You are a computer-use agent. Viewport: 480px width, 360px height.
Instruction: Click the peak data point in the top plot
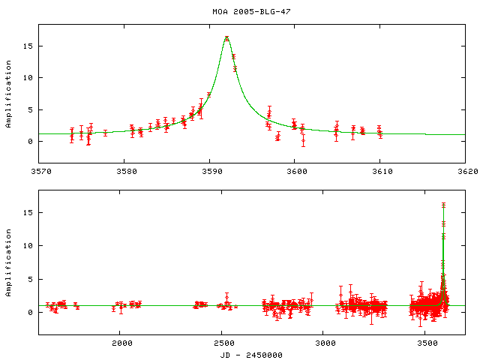pyautogui.click(x=226, y=38)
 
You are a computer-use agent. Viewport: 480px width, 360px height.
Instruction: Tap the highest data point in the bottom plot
pyautogui.click(x=443, y=204)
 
